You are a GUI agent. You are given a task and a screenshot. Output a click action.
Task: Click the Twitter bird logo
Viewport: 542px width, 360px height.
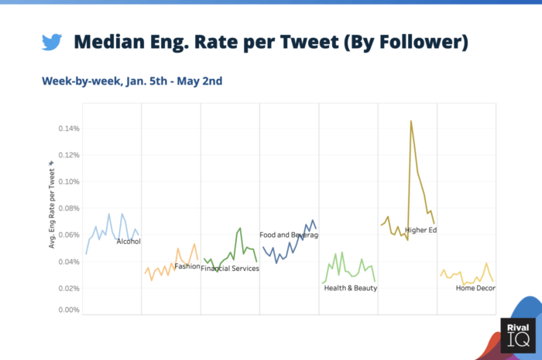tap(52, 42)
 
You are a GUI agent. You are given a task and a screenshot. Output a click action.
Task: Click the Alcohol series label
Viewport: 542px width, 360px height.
tap(129, 242)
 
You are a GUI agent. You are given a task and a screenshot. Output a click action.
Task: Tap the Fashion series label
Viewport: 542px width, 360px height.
tap(187, 266)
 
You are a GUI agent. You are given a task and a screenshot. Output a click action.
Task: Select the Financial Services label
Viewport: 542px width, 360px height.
tap(230, 269)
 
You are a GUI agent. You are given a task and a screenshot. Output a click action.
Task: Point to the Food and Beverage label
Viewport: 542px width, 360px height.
tap(288, 235)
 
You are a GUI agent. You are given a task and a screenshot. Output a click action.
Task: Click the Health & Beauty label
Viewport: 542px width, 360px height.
tap(350, 288)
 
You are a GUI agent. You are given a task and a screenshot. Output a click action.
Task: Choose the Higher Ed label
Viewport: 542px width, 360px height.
tap(420, 229)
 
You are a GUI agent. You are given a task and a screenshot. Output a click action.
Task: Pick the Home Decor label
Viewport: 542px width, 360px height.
tap(475, 288)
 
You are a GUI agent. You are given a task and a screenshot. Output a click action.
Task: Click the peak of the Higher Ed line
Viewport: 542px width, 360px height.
tap(411, 121)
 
